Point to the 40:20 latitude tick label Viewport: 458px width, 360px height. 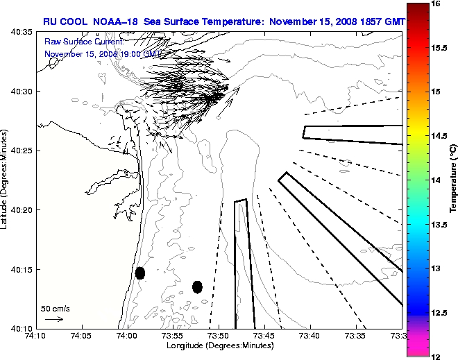[21, 210]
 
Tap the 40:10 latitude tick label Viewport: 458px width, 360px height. [21, 328]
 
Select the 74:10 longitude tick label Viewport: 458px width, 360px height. [35, 336]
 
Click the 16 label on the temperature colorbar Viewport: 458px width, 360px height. [436, 3]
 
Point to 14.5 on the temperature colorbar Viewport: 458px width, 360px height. [440, 136]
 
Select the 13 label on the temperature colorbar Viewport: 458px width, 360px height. [436, 268]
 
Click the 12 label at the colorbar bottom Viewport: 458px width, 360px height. [436, 356]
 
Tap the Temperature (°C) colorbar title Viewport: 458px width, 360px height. [452, 180]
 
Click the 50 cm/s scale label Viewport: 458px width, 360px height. [56, 308]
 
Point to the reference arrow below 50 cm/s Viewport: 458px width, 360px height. [54, 319]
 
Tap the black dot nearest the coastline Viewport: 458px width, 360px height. [140, 273]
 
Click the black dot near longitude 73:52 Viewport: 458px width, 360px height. [197, 286]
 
